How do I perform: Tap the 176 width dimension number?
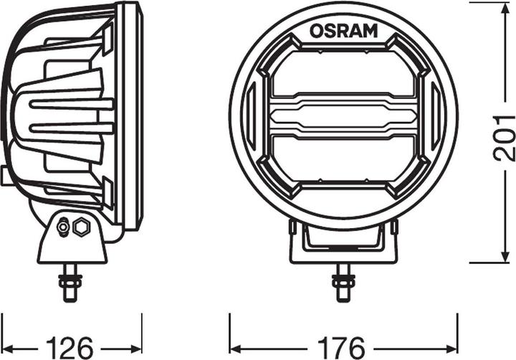click(343, 346)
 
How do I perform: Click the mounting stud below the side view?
click(71, 282)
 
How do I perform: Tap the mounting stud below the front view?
click(343, 282)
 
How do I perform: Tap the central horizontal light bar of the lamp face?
click(343, 115)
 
